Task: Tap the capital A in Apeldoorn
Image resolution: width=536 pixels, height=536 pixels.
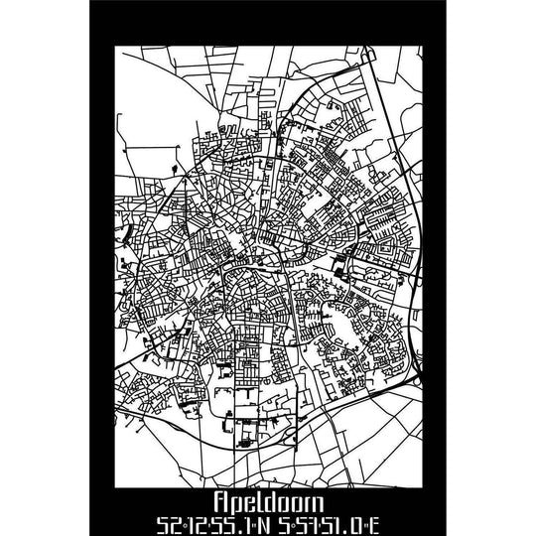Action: pyautogui.click(x=220, y=502)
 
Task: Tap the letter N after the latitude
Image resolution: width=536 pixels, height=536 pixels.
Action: pyautogui.click(x=260, y=523)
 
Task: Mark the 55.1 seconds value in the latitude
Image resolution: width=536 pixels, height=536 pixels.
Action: pyautogui.click(x=224, y=523)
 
